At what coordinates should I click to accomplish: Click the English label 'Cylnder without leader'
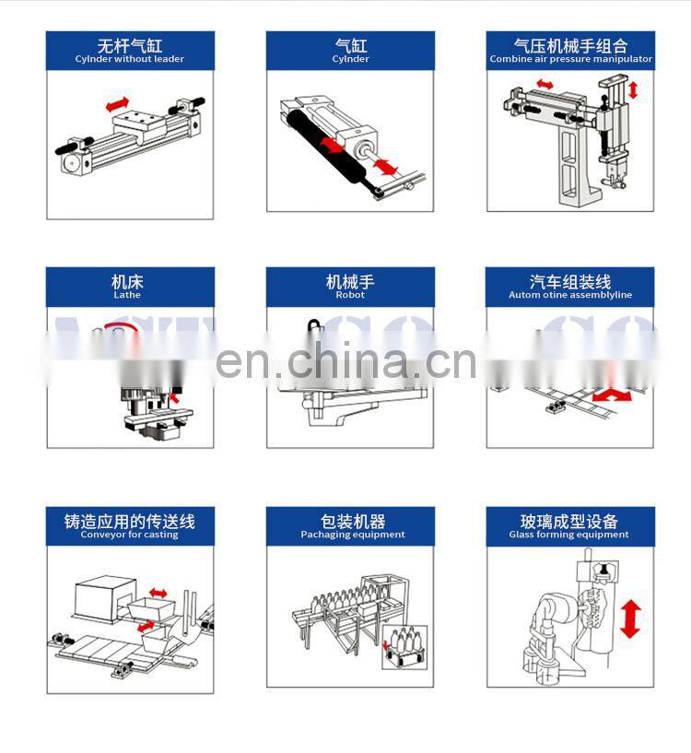click(129, 59)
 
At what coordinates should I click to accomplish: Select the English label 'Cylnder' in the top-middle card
click(350, 59)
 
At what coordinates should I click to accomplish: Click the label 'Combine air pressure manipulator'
click(570, 59)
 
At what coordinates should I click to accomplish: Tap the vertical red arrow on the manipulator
click(632, 90)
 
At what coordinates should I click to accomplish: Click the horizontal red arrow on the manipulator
click(544, 85)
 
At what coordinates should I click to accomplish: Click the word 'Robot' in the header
click(350, 295)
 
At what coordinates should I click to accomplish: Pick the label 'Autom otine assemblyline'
click(570, 295)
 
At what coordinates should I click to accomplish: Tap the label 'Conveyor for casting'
click(129, 535)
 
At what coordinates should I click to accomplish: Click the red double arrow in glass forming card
click(630, 618)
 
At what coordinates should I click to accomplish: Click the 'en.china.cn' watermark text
click(346, 360)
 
